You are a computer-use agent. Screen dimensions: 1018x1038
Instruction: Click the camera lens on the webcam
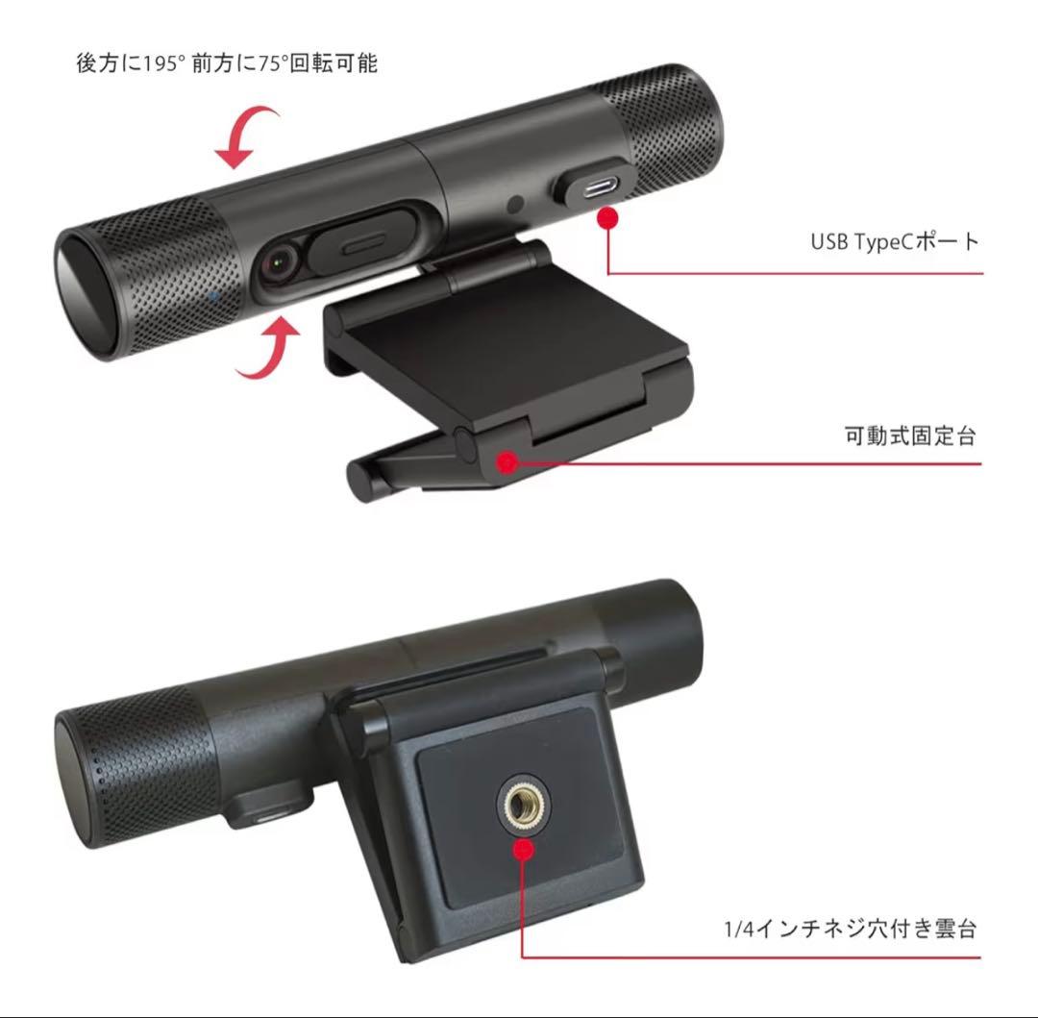click(x=280, y=261)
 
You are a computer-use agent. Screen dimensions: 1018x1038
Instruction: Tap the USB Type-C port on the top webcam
click(x=591, y=185)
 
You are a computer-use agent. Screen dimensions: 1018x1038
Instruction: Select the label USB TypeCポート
click(x=894, y=240)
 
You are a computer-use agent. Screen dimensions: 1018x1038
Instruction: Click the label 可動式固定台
click(x=909, y=435)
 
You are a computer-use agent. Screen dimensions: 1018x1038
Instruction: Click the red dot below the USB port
click(x=607, y=219)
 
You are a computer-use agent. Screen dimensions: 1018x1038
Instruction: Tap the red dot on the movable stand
click(x=507, y=461)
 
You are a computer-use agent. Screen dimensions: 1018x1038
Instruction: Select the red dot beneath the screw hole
click(x=522, y=850)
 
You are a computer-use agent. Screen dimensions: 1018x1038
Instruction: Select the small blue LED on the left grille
click(x=212, y=296)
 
